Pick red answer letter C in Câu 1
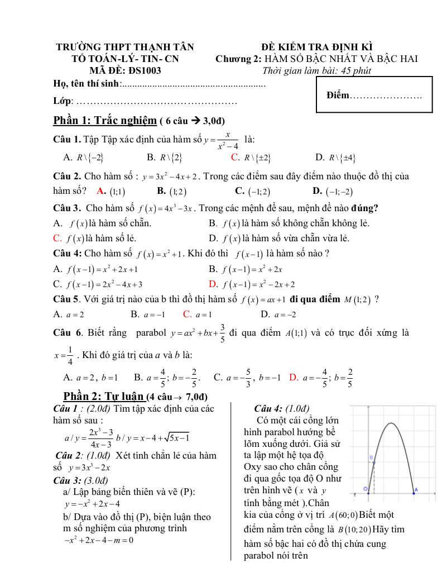[x=235, y=158]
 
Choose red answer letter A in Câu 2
[x=101, y=191]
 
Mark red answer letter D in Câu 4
[x=213, y=284]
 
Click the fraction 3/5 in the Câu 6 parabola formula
[x=222, y=333]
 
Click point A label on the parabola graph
[x=415, y=490]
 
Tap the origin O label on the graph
[x=366, y=489]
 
